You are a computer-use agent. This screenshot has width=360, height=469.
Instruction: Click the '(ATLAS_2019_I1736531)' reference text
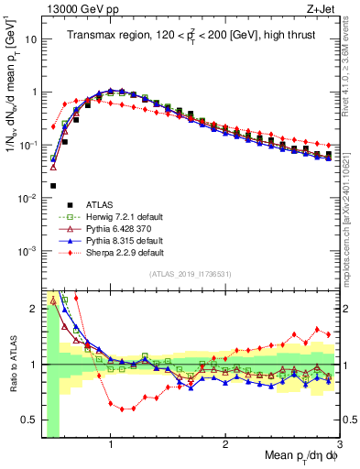point(190,274)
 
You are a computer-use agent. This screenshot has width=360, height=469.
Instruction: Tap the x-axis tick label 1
point(111,443)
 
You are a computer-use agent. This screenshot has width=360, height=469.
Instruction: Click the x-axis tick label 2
point(225,443)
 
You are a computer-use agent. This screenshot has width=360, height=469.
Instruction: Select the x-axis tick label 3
point(338,443)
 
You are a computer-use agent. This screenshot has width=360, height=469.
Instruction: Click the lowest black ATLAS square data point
point(53,186)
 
